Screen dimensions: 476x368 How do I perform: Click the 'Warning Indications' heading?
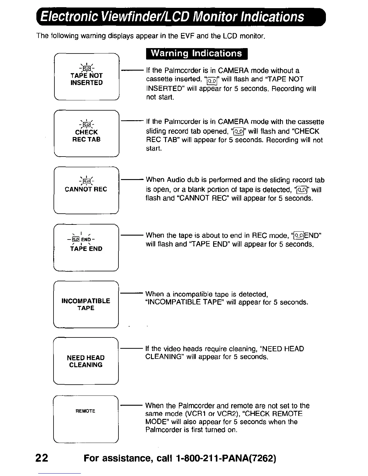tap(196, 53)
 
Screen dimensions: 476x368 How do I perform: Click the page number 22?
tap(41, 458)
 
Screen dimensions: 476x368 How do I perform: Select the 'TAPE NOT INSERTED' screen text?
tap(87, 79)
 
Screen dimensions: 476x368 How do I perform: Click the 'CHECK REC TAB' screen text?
tap(87, 136)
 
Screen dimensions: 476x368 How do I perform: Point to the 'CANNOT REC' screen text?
tap(86, 189)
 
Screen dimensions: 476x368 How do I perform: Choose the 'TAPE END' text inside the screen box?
tap(86, 249)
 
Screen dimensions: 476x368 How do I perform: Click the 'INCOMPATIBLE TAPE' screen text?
tap(86, 304)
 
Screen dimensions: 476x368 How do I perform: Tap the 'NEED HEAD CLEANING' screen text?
tap(86, 361)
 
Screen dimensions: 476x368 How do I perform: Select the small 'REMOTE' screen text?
tap(85, 411)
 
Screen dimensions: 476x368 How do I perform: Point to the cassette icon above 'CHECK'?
tap(87, 124)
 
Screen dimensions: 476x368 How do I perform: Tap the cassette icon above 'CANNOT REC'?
tap(86, 181)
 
